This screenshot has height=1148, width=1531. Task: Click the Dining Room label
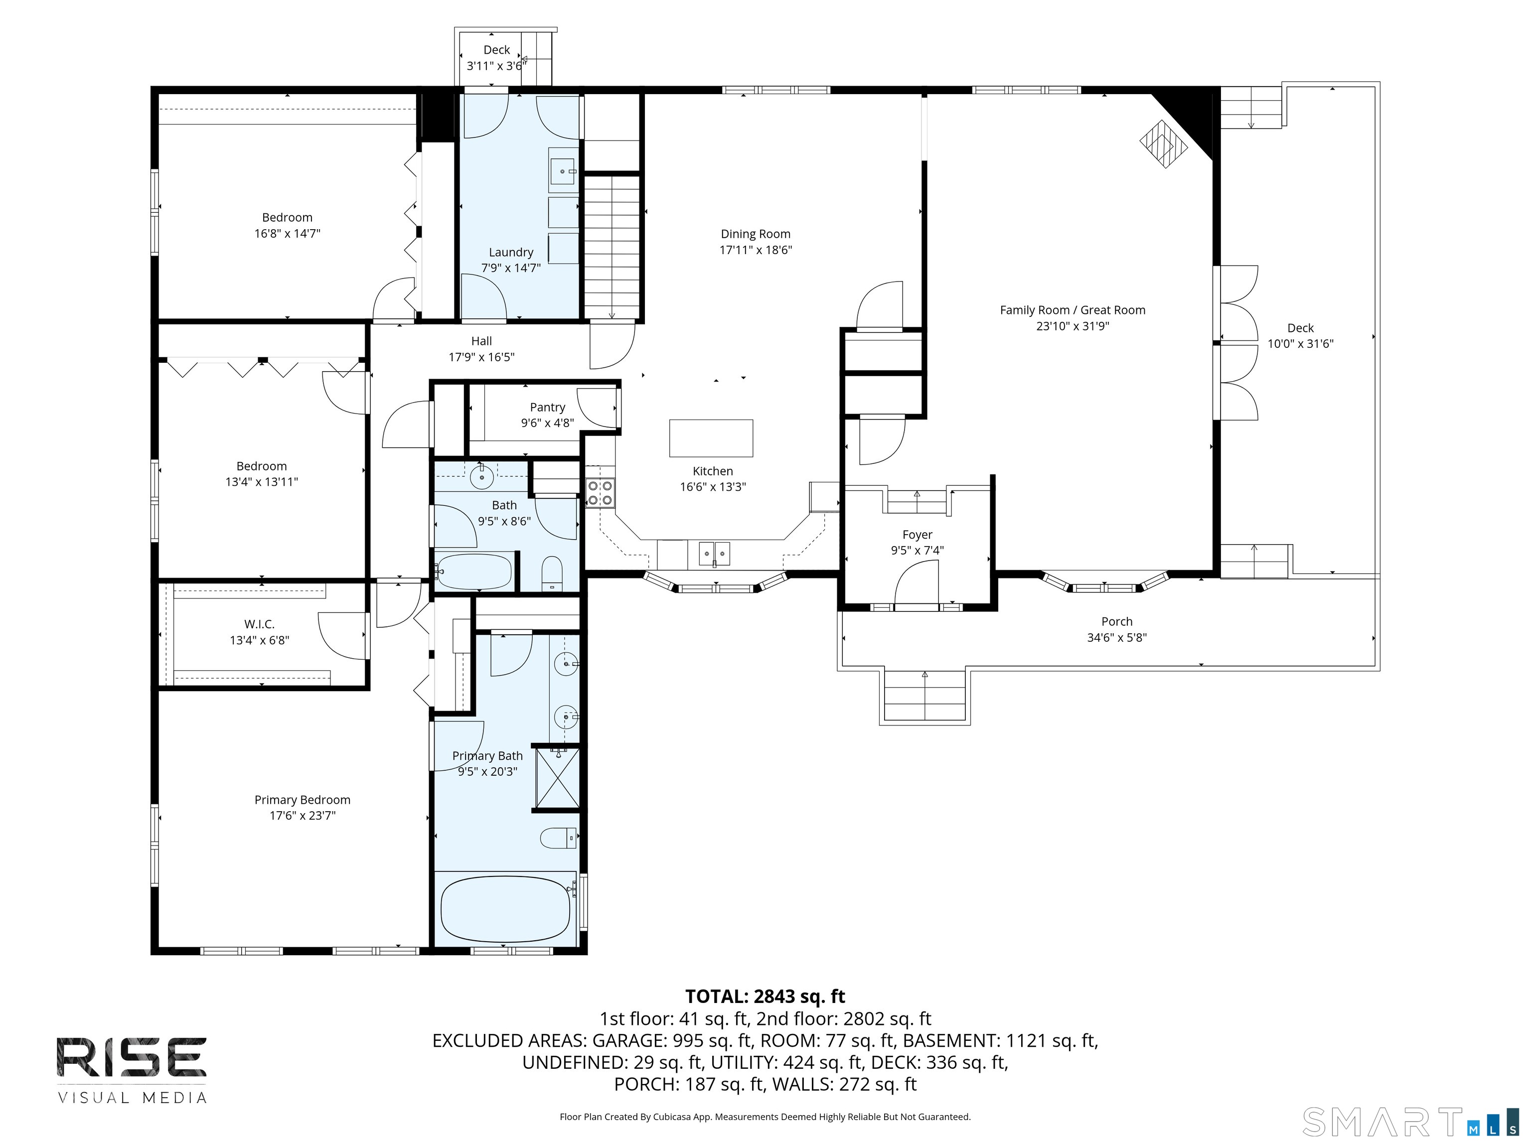[755, 234]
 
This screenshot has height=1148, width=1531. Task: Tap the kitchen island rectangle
[711, 438]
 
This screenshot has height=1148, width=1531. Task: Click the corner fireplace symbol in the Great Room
[1164, 144]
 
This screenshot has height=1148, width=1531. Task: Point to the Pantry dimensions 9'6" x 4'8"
[548, 423]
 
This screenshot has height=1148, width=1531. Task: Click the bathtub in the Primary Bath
[505, 908]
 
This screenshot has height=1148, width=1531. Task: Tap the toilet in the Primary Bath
[558, 838]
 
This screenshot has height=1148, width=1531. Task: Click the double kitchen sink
[714, 554]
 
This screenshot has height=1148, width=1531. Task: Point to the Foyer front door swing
[917, 582]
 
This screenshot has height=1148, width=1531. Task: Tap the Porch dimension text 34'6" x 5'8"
[1116, 637]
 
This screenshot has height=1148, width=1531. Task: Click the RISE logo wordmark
[132, 1057]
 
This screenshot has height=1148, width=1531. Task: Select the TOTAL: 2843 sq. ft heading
[765, 997]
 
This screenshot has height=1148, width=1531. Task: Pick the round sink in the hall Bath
[481, 476]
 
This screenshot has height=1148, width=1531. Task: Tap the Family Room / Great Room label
[1072, 310]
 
